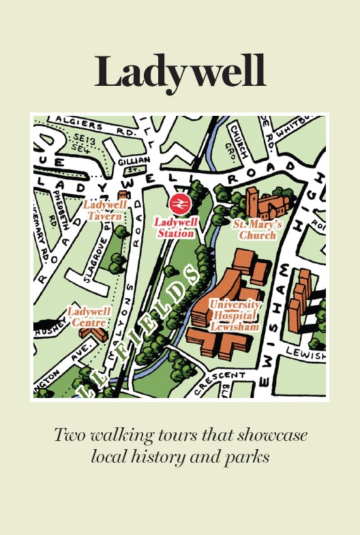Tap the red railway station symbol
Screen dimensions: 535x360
pos(180,202)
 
